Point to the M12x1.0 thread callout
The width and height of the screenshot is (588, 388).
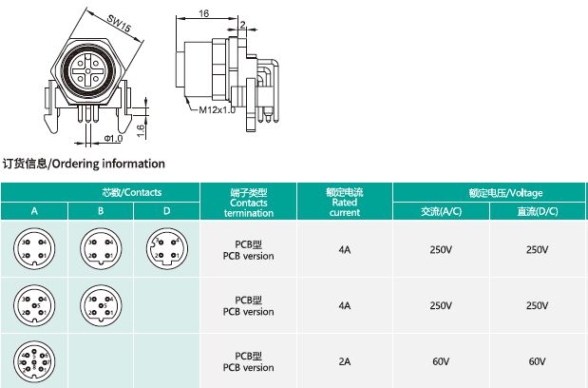[217, 109]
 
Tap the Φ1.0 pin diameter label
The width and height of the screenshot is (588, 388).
[113, 138]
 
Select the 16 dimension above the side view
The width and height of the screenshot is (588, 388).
[205, 13]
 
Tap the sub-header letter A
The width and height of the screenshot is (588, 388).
[33, 210]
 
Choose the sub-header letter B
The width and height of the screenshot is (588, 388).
[100, 210]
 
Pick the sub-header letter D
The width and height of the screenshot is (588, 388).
[166, 210]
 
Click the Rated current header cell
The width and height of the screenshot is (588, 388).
[344, 202]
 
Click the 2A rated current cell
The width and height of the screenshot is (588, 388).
[344, 361]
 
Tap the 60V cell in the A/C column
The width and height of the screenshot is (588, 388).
[440, 361]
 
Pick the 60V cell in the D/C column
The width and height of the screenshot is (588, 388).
[537, 361]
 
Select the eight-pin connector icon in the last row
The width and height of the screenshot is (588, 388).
[33, 362]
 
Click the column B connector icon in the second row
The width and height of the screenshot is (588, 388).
[100, 305]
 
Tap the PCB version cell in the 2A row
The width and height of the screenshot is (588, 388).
[248, 361]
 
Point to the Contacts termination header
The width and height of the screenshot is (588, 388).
[248, 202]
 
